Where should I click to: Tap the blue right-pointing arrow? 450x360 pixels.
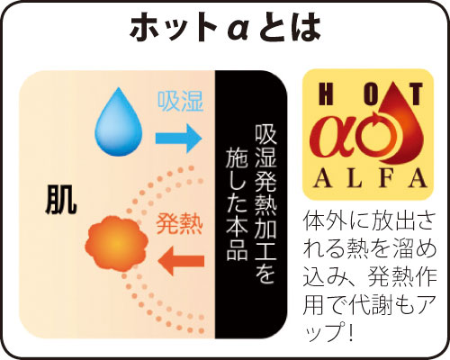178,138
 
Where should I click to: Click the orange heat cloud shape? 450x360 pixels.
116,243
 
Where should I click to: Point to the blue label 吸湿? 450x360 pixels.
181,101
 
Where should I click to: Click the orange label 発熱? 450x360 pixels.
179,223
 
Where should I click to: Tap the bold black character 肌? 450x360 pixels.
61,199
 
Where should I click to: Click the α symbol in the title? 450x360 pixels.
237,29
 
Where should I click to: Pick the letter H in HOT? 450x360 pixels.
326,94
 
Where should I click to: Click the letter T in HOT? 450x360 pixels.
416,94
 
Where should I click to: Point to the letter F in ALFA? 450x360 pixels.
387,178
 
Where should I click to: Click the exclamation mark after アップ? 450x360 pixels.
354,330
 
